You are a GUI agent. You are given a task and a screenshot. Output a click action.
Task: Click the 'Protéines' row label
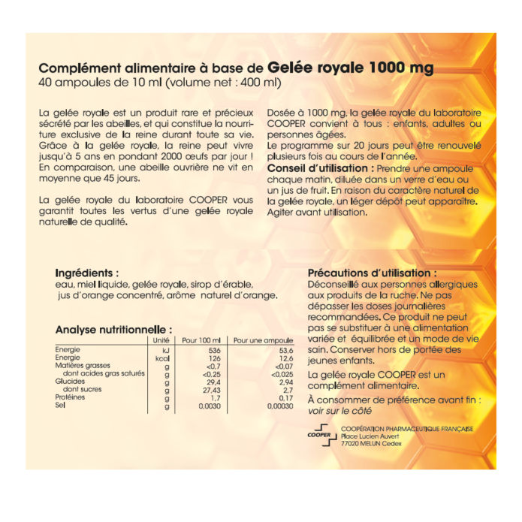pyautogui.click(x=71, y=397)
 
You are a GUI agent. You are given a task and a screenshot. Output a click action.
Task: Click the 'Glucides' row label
pyautogui.click(x=70, y=382)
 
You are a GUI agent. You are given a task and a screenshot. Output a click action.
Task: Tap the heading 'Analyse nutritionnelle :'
pyautogui.click(x=113, y=329)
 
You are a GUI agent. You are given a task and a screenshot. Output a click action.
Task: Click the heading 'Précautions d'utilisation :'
pyautogui.click(x=372, y=273)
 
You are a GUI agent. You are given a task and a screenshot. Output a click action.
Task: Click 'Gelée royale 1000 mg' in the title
pyautogui.click(x=350, y=68)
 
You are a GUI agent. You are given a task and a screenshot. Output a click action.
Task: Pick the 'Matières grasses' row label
pyautogui.click(x=80, y=366)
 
